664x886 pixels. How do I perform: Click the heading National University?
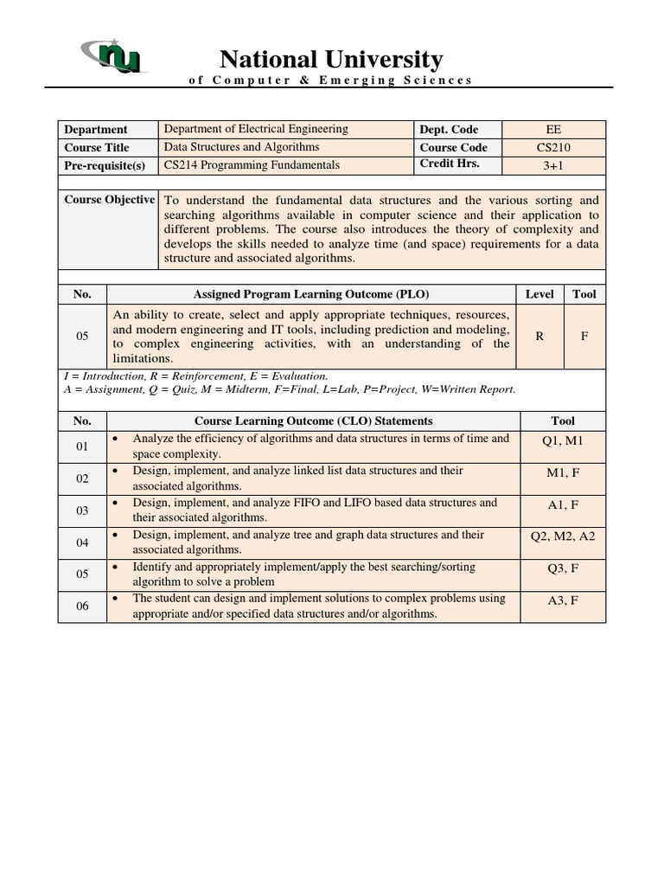tap(331, 59)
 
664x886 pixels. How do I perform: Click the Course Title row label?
tap(97, 147)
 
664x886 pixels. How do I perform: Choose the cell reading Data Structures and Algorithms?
tap(245, 147)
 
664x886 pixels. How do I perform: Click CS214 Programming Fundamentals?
tap(252, 164)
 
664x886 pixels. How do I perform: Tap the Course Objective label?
tap(109, 200)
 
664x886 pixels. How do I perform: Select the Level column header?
tap(539, 294)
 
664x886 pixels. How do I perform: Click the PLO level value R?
tap(539, 337)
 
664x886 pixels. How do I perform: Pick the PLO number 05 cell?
tap(82, 337)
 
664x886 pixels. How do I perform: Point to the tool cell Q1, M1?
tap(562, 441)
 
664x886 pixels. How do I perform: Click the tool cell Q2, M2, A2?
tap(562, 536)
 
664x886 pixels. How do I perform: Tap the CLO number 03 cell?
tap(82, 510)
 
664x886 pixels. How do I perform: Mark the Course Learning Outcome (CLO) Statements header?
tap(313, 421)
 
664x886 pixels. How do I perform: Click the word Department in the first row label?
tap(95, 129)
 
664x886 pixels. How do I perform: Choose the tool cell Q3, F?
tap(562, 568)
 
